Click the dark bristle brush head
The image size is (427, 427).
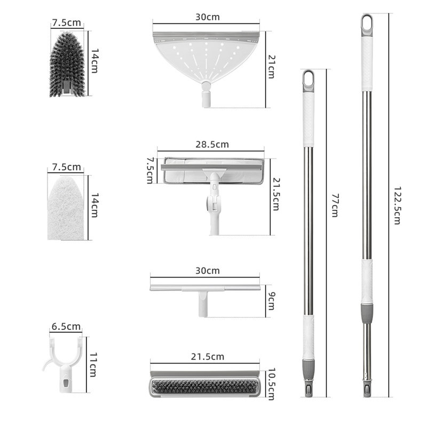(67, 64)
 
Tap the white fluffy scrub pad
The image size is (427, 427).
(66, 208)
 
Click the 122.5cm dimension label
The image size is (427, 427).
(397, 205)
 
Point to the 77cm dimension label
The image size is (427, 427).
(335, 205)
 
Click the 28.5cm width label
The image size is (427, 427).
(212, 144)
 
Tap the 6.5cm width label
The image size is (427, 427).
(66, 327)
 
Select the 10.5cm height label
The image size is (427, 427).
(272, 384)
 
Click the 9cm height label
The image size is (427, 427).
(271, 301)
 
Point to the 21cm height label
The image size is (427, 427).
(272, 67)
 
